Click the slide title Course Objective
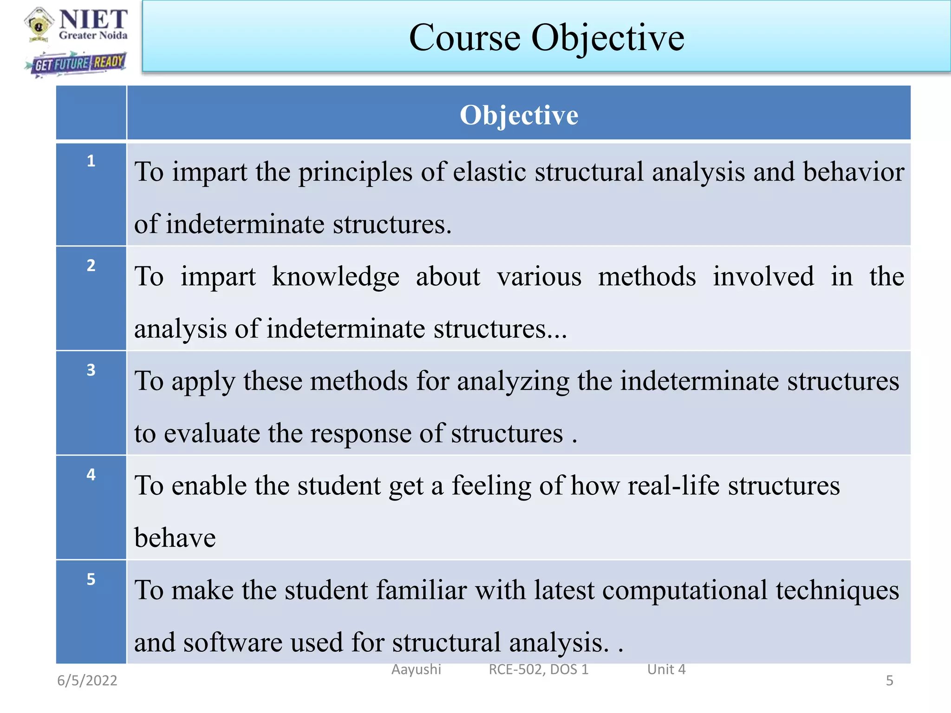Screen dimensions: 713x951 tap(546, 38)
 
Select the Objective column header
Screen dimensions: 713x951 tap(519, 115)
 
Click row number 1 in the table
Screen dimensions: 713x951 tap(91, 161)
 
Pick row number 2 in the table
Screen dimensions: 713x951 tap(91, 266)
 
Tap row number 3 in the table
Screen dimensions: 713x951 tap(91, 370)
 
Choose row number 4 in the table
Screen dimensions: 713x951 tap(91, 474)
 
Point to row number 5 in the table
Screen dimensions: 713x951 tap(91, 579)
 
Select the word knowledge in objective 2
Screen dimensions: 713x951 tap(335, 277)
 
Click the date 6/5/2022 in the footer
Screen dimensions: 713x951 tap(87, 681)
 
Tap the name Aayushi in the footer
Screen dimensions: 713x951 tap(416, 669)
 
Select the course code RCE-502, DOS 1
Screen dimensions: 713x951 tap(538, 669)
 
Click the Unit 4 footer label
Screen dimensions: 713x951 tap(666, 669)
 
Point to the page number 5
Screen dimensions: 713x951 tap(889, 681)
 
